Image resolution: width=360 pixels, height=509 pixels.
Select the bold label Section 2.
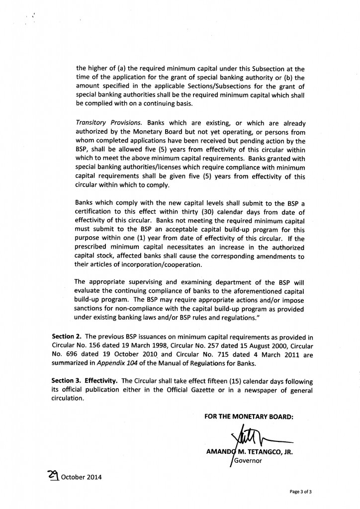point(67,337)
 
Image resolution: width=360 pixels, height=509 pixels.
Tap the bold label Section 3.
point(67,381)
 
